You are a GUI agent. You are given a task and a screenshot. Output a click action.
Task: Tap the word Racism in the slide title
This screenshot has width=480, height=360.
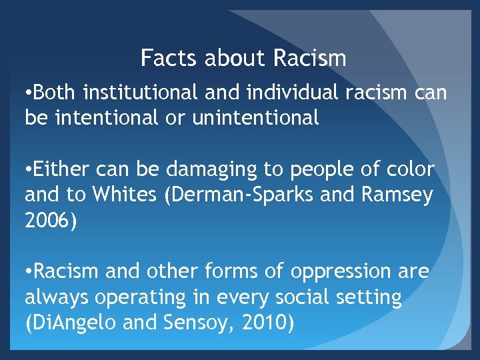tap(310, 59)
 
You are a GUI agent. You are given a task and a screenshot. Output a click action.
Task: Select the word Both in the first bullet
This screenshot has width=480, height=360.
tap(56, 93)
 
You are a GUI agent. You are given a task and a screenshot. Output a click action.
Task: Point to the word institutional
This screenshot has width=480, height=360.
tap(141, 93)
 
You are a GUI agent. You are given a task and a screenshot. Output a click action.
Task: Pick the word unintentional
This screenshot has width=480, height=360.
tap(255, 118)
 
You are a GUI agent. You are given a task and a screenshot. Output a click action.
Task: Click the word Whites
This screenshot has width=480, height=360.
tap(121, 195)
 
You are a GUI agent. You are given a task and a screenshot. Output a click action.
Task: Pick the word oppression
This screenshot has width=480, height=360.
tap(340, 272)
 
